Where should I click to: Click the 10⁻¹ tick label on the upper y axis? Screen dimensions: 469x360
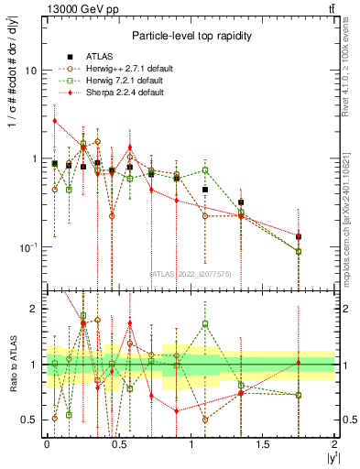[x=27, y=247]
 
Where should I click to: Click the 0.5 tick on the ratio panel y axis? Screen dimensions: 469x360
[x=31, y=420]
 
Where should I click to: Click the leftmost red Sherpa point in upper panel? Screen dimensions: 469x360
[x=55, y=121]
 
